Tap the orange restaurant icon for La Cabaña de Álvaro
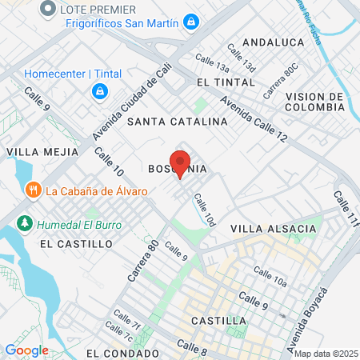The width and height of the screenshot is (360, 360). click(32, 190)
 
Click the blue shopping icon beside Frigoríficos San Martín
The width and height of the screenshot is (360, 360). click(190, 22)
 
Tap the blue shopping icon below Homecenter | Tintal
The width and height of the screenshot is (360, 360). click(99, 92)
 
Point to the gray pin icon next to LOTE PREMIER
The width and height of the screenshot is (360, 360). click(48, 9)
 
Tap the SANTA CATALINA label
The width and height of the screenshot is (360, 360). click(177, 122)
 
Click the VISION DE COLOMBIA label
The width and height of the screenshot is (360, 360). click(314, 103)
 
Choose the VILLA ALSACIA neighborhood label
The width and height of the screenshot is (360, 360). click(274, 229)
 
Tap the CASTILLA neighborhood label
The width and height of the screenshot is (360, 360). click(218, 320)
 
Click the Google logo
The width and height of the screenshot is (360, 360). click(26, 350)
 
